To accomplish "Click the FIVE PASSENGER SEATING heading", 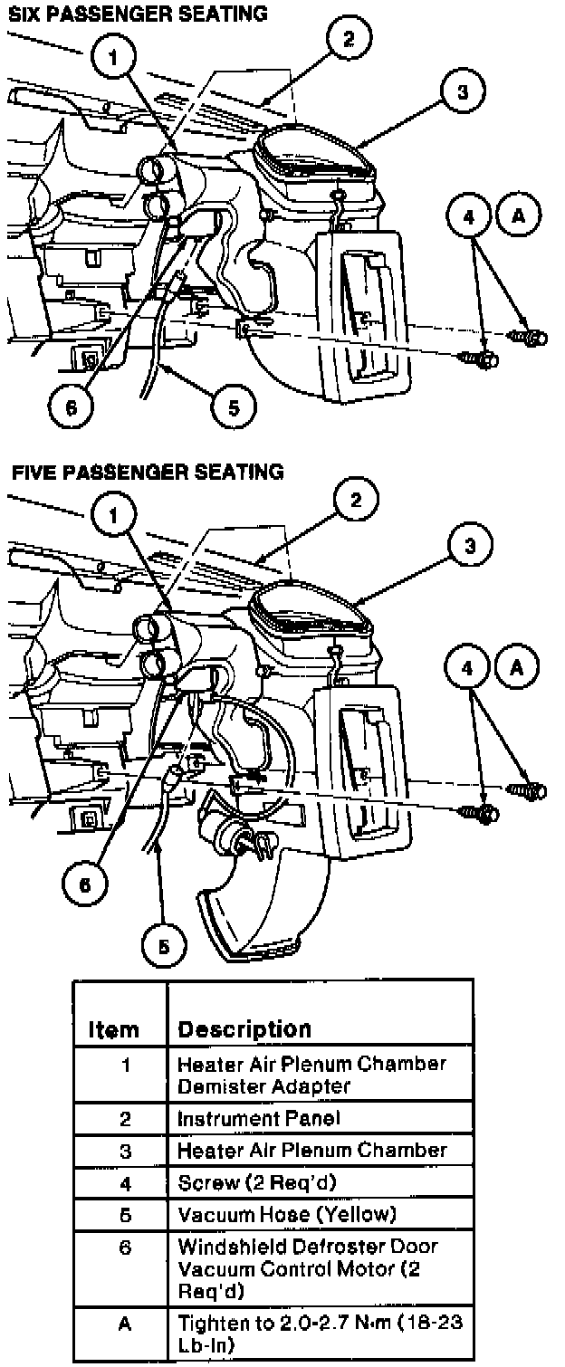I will (147, 472).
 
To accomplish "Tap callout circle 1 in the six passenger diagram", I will (114, 55).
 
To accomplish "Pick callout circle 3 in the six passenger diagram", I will (462, 93).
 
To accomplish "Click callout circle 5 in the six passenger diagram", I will (234, 407).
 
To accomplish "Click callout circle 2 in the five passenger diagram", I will (356, 500).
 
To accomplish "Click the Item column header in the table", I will (114, 1029).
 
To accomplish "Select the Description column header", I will (244, 1029).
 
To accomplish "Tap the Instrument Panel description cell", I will (259, 1118).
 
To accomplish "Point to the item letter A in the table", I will (126, 1324).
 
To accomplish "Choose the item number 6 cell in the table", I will (126, 1247).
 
